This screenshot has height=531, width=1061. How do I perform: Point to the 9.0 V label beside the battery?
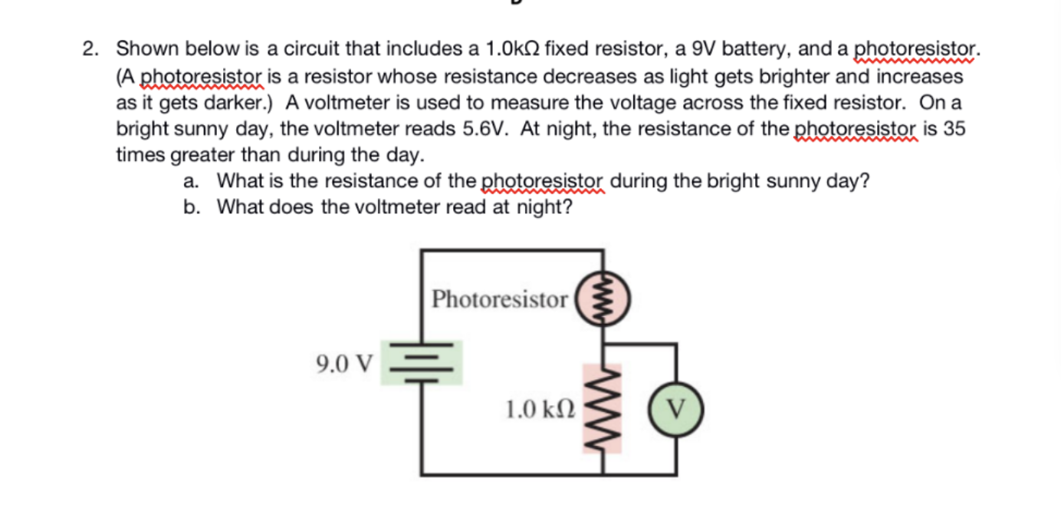point(344,362)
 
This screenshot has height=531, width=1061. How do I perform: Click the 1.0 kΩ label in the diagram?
point(540,408)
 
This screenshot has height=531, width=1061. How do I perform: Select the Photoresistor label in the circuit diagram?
point(499,299)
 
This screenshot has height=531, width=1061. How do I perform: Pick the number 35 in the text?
point(954,128)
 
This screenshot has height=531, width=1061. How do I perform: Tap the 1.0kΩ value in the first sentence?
point(510,50)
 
